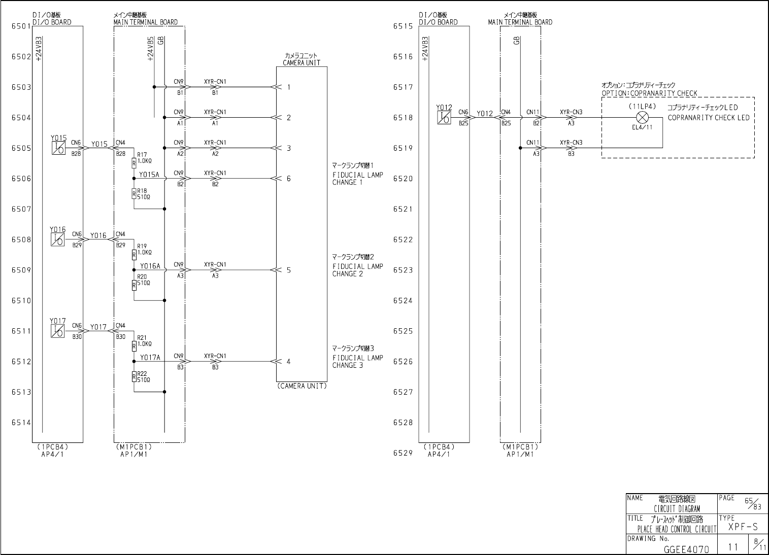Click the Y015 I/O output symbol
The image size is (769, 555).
click(x=58, y=148)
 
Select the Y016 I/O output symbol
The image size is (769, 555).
click(x=58, y=239)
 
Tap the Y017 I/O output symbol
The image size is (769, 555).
click(x=58, y=331)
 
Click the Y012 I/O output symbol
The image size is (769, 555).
click(x=444, y=117)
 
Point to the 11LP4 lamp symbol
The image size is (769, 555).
click(x=643, y=118)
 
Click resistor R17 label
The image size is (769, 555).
click(x=142, y=154)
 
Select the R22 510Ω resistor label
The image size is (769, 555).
click(x=144, y=376)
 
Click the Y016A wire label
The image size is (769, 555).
click(x=150, y=266)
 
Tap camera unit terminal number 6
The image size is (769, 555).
click(x=289, y=179)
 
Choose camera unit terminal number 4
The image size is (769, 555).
click(x=289, y=362)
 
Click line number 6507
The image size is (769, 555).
click(x=21, y=209)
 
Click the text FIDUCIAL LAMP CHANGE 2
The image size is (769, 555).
click(x=357, y=270)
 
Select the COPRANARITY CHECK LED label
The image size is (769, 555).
click(x=709, y=118)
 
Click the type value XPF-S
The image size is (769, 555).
click(x=743, y=527)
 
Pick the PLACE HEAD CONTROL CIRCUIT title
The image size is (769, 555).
click(x=677, y=529)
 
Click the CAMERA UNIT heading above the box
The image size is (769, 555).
click(x=302, y=63)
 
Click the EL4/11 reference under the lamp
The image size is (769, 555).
click(x=642, y=127)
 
